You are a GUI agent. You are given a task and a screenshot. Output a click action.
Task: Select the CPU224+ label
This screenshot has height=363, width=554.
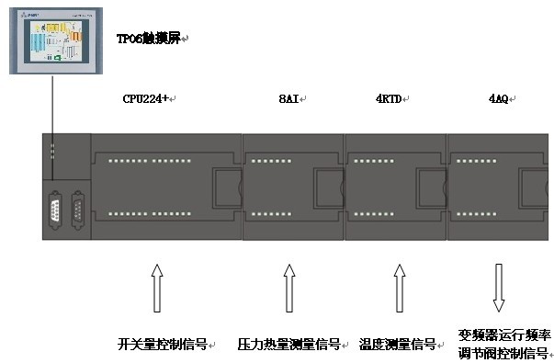147,98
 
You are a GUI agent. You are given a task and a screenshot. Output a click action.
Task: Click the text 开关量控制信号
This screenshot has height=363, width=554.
163,345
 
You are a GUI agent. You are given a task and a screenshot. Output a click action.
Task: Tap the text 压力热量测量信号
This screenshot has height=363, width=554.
288,345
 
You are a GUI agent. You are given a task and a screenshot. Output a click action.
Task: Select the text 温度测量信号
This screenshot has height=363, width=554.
397,345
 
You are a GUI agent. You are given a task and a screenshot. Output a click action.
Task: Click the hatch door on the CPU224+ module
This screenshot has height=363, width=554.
224,187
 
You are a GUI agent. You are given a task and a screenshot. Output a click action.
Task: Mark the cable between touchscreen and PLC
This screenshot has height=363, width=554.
52,110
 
